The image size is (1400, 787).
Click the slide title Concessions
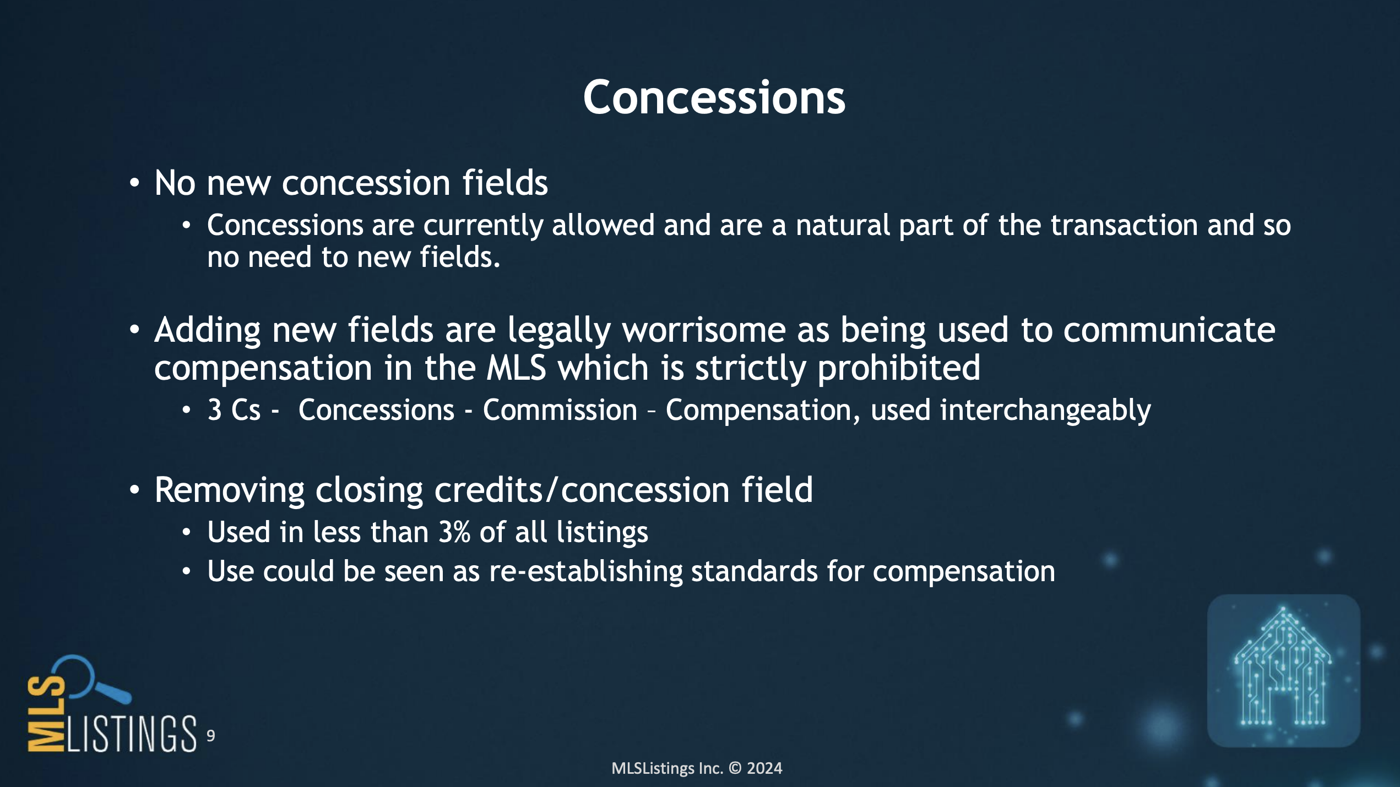(x=714, y=97)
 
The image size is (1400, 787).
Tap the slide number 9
(x=210, y=736)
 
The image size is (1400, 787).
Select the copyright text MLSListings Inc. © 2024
(x=697, y=768)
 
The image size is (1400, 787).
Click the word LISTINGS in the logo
(x=131, y=733)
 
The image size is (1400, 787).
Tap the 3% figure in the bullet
(x=454, y=532)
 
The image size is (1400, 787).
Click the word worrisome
(x=704, y=330)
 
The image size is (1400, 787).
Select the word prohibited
(x=899, y=368)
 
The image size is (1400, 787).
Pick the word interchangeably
(x=1045, y=411)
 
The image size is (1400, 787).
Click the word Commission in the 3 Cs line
(x=560, y=411)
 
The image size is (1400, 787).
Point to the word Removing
(x=229, y=490)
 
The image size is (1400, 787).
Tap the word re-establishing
(x=586, y=572)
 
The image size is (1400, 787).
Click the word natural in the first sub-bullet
(x=843, y=226)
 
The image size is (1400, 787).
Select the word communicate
(x=1169, y=330)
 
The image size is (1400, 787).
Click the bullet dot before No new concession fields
(x=134, y=183)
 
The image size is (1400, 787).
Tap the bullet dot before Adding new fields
(x=134, y=330)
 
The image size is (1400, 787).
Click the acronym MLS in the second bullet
(x=516, y=368)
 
